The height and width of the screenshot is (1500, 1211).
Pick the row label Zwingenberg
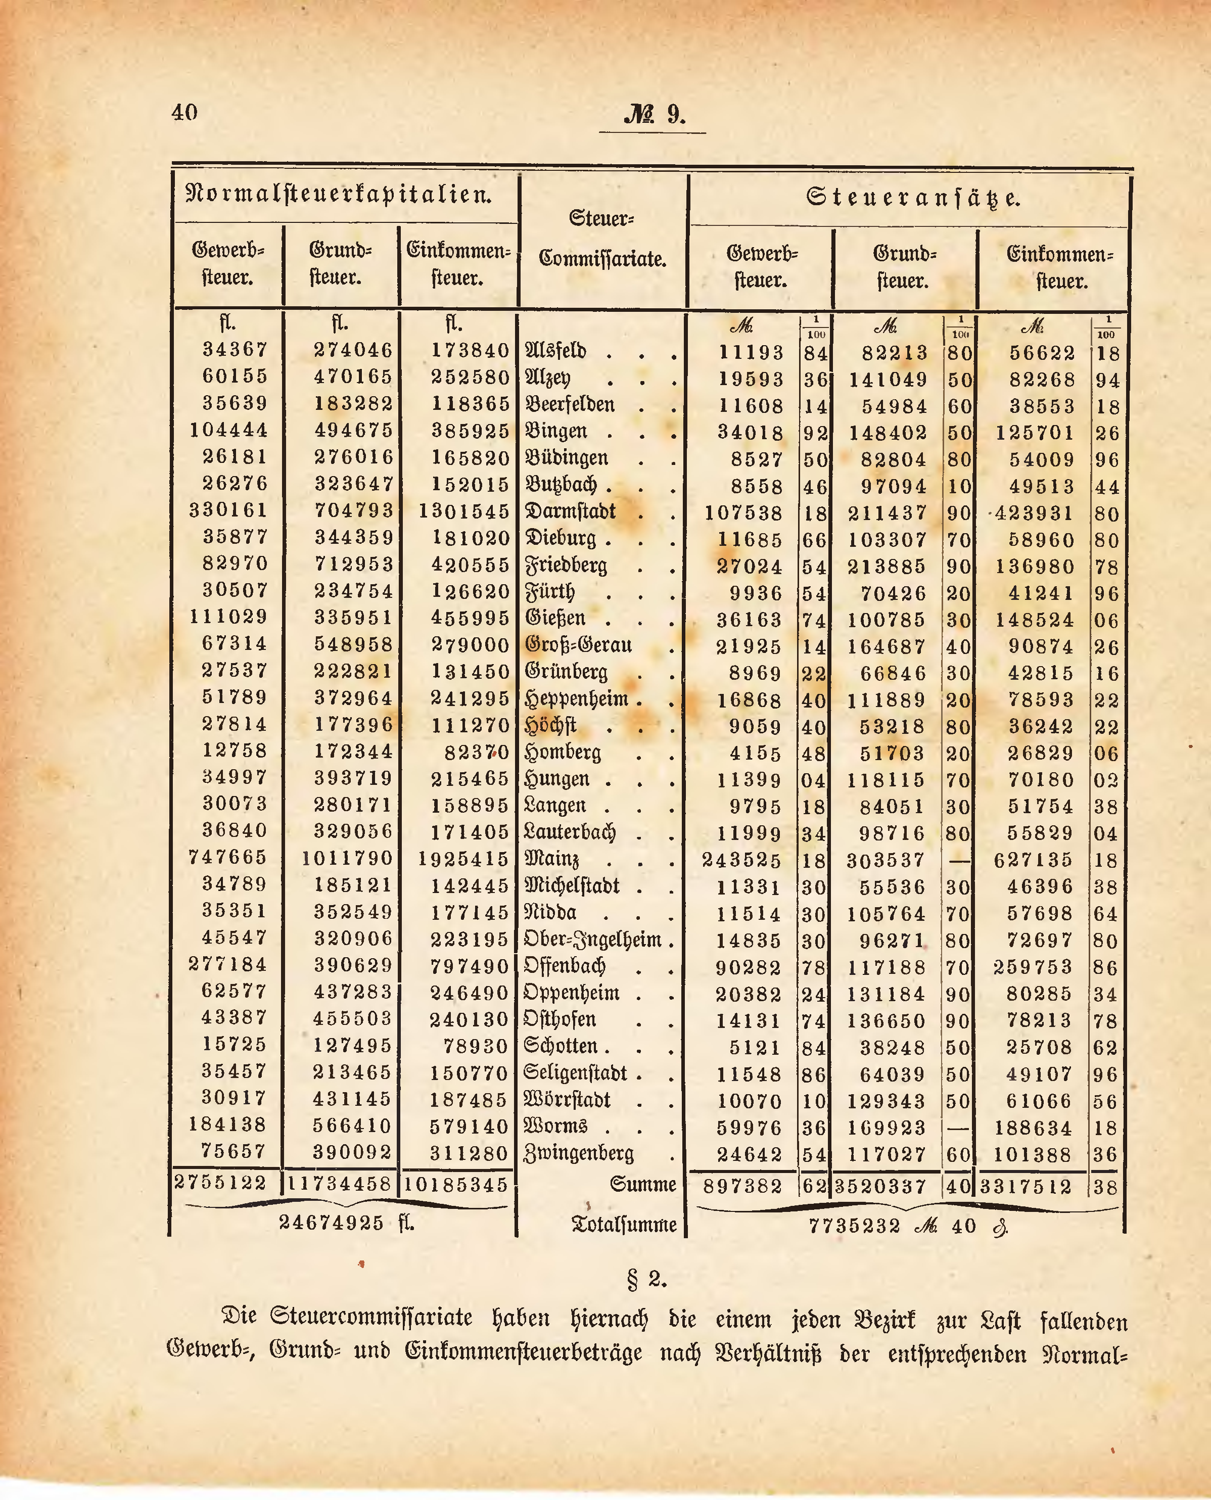(579, 1153)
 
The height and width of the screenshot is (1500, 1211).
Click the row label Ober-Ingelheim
(592, 940)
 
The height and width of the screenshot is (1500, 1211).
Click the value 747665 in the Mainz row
(227, 857)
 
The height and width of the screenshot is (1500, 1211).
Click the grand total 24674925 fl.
(346, 1223)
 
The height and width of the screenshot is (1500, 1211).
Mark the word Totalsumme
(624, 1225)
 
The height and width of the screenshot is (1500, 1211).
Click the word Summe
(642, 1184)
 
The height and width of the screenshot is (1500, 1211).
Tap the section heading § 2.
(647, 1279)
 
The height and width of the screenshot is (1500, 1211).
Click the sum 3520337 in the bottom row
(879, 1186)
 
